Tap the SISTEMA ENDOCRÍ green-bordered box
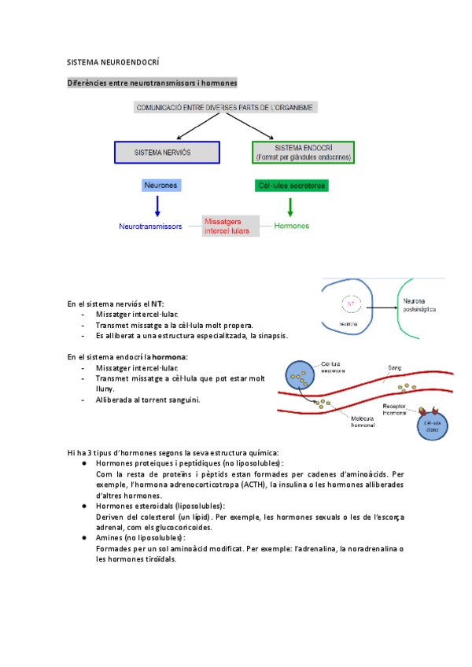[x=303, y=153]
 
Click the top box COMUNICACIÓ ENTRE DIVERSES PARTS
[x=226, y=108]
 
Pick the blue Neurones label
[x=161, y=186]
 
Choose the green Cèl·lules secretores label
[x=292, y=186]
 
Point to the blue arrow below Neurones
[x=158, y=206]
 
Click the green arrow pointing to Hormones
[x=290, y=207]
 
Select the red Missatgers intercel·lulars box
[x=230, y=227]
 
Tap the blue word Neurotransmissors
[x=150, y=227]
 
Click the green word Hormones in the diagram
[x=291, y=227]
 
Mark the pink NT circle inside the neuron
[x=351, y=303]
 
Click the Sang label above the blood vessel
[x=395, y=367]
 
